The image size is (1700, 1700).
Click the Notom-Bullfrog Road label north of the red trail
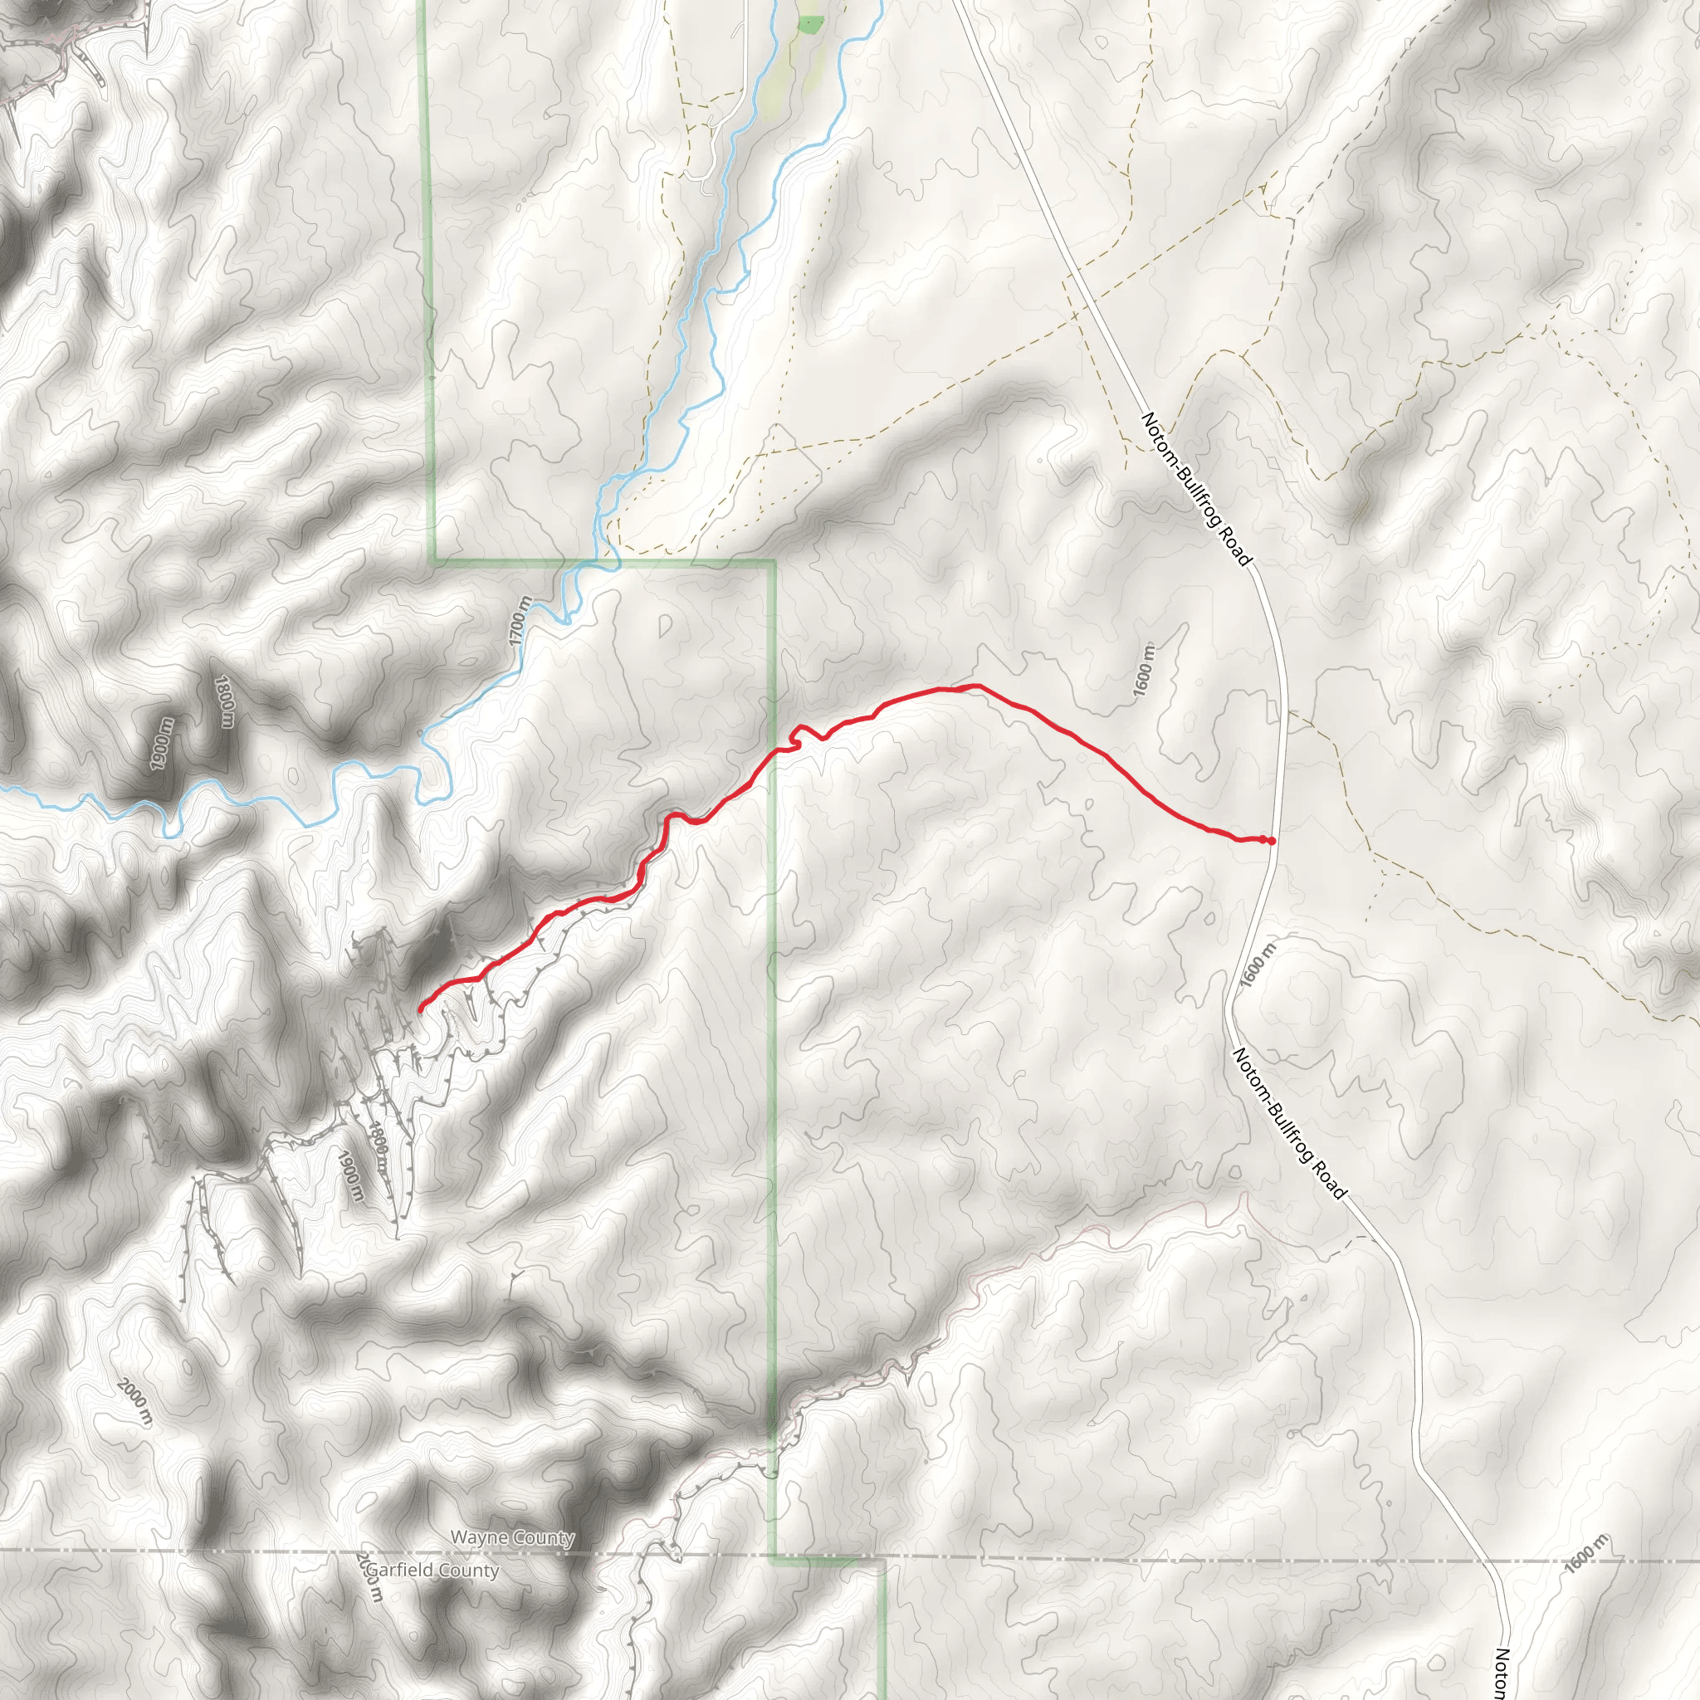point(1196,489)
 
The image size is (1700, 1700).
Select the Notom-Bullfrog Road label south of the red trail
point(1289,1123)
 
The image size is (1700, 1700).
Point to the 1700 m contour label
point(520,621)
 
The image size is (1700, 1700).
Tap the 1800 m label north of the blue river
point(224,701)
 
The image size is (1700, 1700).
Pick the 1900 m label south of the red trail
point(350,1175)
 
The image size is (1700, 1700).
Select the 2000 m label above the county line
point(134,1404)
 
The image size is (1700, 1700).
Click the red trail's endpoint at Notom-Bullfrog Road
point(1272,841)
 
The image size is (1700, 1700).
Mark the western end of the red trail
point(420,1009)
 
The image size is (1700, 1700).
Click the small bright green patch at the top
point(809,24)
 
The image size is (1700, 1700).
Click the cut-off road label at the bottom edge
point(1502,1672)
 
